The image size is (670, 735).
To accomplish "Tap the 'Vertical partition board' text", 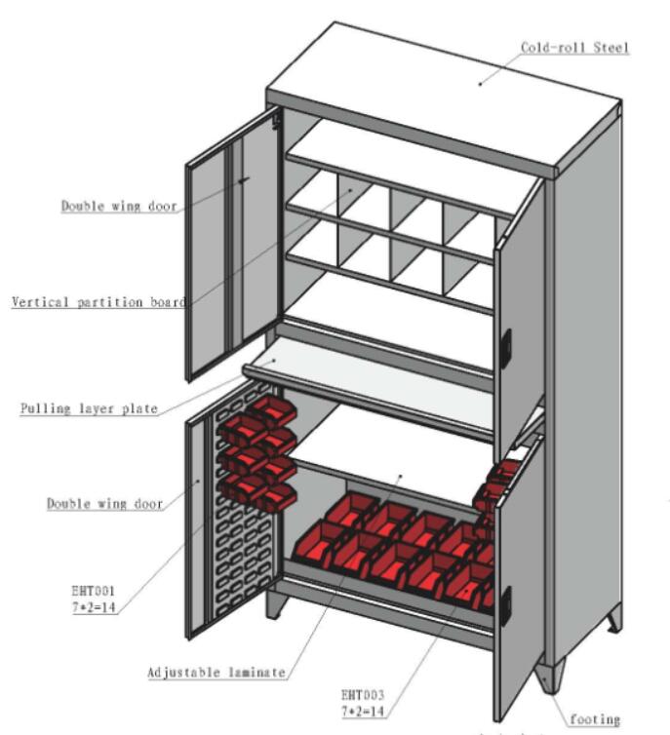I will click(x=98, y=302).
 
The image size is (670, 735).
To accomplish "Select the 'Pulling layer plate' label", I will click(x=89, y=408).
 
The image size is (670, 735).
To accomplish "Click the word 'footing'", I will click(x=594, y=719).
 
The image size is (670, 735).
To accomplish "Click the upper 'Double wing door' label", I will click(x=119, y=206).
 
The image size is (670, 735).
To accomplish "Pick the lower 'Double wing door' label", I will click(x=104, y=504).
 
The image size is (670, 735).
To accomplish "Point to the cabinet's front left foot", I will click(x=276, y=603).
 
